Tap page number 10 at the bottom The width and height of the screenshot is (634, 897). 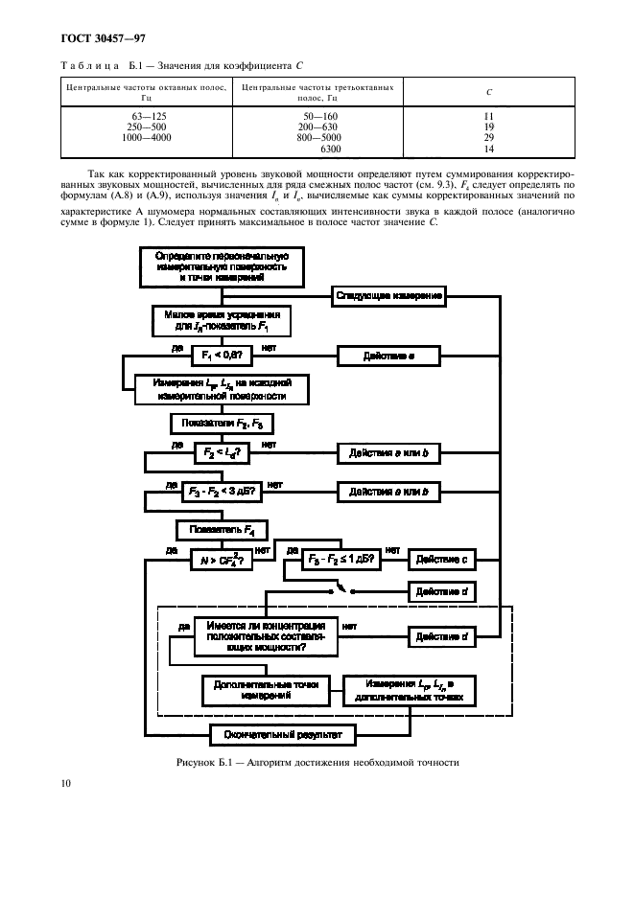[64, 783]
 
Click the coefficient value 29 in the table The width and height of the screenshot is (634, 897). [488, 138]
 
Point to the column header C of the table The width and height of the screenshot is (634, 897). [488, 92]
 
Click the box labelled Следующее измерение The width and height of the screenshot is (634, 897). [389, 296]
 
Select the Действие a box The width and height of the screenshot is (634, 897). [388, 356]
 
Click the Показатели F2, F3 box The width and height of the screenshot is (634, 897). [221, 422]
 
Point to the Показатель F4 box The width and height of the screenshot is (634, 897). [222, 528]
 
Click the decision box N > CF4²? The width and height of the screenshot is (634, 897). [222, 562]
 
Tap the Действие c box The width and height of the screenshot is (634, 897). [442, 558]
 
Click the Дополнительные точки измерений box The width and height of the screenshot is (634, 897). [267, 690]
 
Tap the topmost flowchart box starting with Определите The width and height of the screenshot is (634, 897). [222, 266]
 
